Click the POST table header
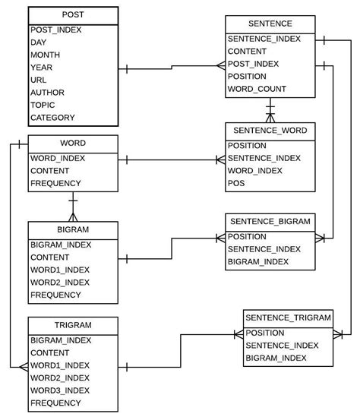pyautogui.click(x=74, y=15)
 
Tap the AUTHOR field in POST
pyautogui.click(x=47, y=93)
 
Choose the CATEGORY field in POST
pyautogui.click(x=52, y=118)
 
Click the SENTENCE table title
pyautogui.click(x=270, y=24)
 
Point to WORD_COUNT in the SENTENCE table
pyautogui.click(x=257, y=89)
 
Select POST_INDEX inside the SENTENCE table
pyautogui.click(x=254, y=64)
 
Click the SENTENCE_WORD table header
pyautogui.click(x=270, y=131)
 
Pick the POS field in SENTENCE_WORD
pyautogui.click(x=236, y=183)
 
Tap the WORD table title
pyautogui.click(x=73, y=143)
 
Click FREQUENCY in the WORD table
pyautogui.click(x=55, y=183)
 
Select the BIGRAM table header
pyautogui.click(x=73, y=229)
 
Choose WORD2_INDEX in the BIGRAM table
pyautogui.click(x=60, y=282)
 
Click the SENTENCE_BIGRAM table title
pyautogui.click(x=270, y=222)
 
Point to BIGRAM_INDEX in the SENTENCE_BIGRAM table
pyautogui.click(x=258, y=262)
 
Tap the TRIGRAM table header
pyautogui.click(x=73, y=325)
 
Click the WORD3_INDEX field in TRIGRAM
pyautogui.click(x=60, y=390)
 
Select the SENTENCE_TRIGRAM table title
pyautogui.click(x=288, y=317)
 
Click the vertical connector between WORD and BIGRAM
pyautogui.click(x=73, y=206)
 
